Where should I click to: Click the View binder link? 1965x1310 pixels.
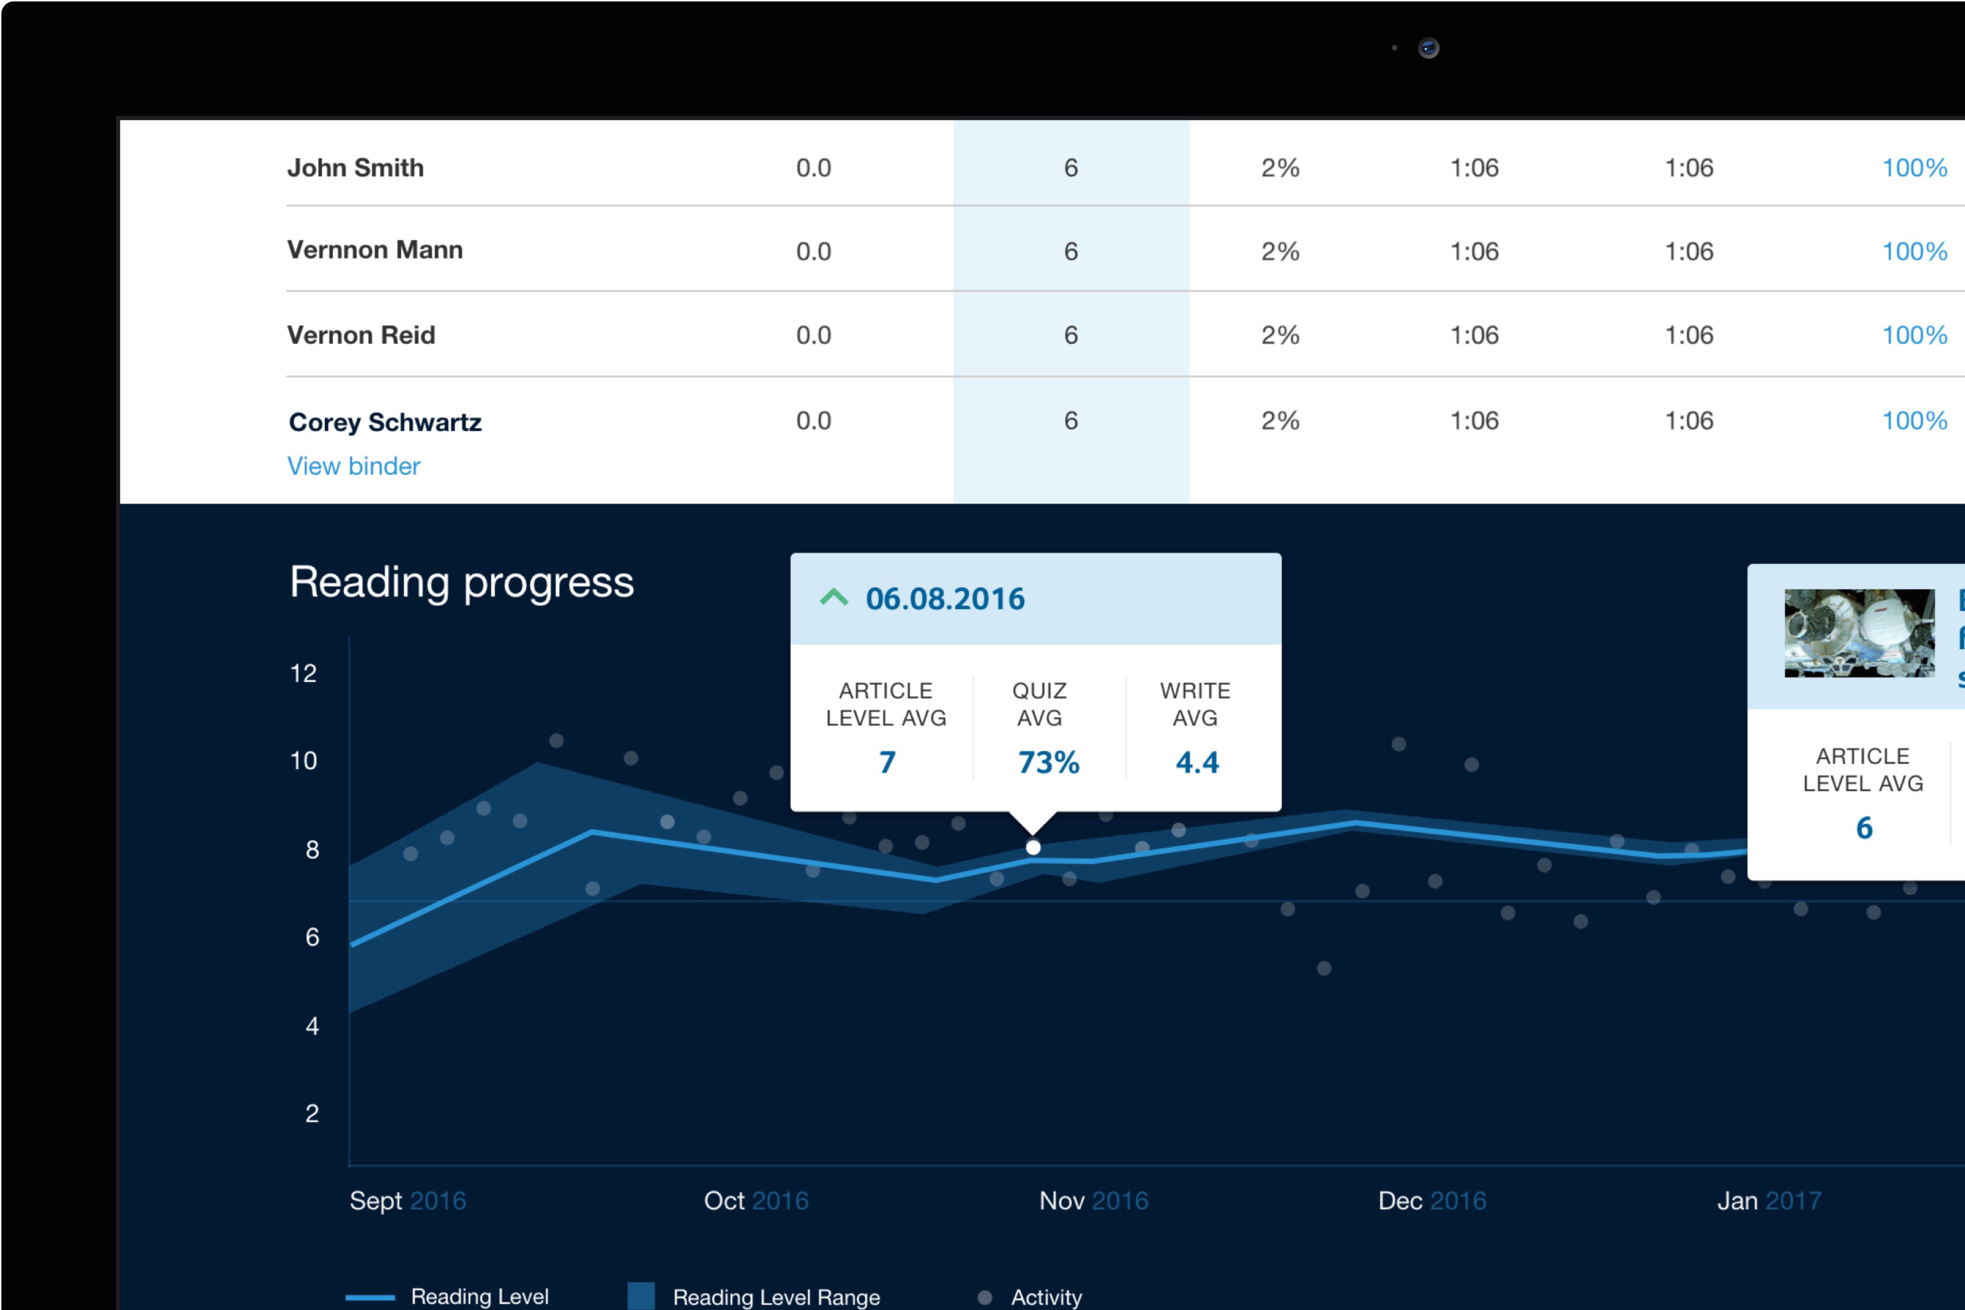(354, 466)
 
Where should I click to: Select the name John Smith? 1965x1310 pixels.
(355, 168)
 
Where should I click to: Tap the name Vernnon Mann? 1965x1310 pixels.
(375, 250)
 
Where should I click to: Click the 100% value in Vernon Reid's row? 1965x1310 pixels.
(1914, 335)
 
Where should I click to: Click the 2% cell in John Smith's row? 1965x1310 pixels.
(1279, 168)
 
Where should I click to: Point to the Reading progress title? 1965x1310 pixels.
(462, 582)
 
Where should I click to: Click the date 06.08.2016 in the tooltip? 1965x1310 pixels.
(945, 598)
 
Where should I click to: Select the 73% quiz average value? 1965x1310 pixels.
(1048, 762)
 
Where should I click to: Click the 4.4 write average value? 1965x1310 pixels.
(1197, 762)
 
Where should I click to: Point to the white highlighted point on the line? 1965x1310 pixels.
(1033, 847)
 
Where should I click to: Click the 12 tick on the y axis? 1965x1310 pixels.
(303, 673)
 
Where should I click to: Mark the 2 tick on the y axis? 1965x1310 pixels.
(312, 1113)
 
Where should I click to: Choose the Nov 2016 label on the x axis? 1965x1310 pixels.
(1093, 1201)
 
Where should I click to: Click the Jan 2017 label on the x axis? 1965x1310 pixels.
(1769, 1201)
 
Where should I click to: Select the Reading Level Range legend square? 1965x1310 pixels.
(641, 1296)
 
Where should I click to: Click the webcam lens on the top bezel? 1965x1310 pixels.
(1428, 47)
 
